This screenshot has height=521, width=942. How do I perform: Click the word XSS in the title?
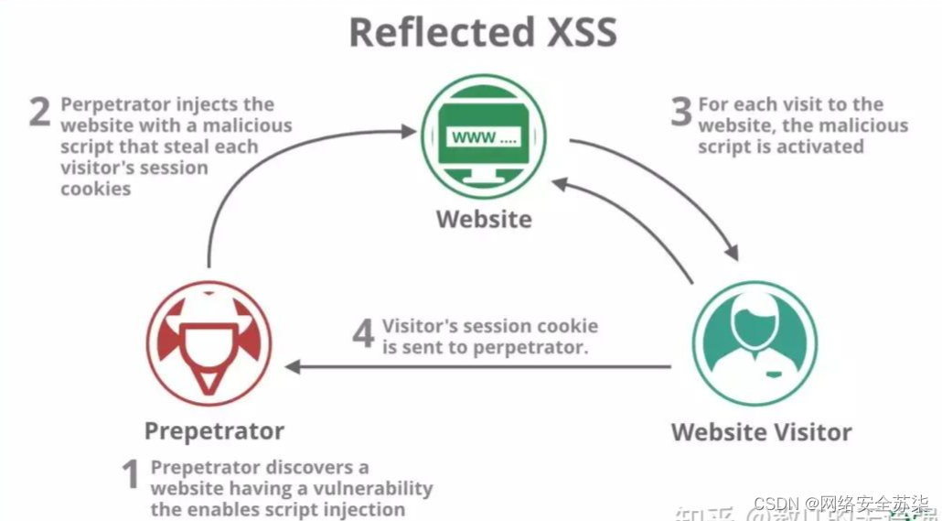pyautogui.click(x=574, y=32)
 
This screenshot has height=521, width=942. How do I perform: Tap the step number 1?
pyautogui.click(x=131, y=475)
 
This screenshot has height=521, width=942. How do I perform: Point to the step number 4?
pyautogui.click(x=363, y=334)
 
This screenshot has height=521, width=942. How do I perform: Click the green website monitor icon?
pyautogui.click(x=483, y=136)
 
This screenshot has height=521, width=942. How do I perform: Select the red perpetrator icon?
pyautogui.click(x=209, y=343)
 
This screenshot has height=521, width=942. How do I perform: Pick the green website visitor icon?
pyautogui.click(x=755, y=343)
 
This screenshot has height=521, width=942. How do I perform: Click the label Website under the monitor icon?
pyautogui.click(x=483, y=220)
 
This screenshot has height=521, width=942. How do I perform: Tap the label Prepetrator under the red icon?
pyautogui.click(x=214, y=430)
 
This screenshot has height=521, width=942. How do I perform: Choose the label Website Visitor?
pyautogui.click(x=761, y=432)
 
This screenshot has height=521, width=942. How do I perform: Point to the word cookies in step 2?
pyautogui.click(x=96, y=189)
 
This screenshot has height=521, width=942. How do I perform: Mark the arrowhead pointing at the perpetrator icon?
pyautogui.click(x=293, y=367)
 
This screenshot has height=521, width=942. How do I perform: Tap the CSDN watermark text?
pyautogui.click(x=776, y=505)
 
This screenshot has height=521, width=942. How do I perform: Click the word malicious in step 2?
pyautogui.click(x=247, y=125)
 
